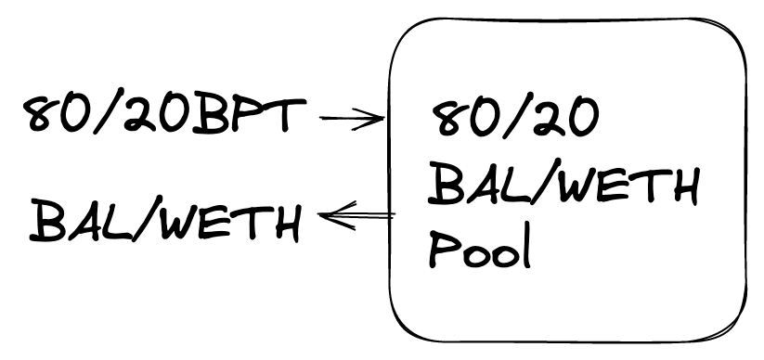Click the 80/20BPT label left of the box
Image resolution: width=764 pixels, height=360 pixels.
click(x=164, y=115)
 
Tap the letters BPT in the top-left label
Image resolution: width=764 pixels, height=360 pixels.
click(x=250, y=115)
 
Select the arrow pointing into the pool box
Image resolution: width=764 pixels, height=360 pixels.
click(x=352, y=119)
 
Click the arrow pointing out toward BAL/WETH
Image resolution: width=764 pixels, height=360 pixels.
click(x=356, y=215)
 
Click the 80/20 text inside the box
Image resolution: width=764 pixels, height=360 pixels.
click(x=514, y=118)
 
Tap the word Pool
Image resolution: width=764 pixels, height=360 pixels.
click(x=480, y=249)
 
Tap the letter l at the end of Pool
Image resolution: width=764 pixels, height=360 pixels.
click(x=525, y=248)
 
